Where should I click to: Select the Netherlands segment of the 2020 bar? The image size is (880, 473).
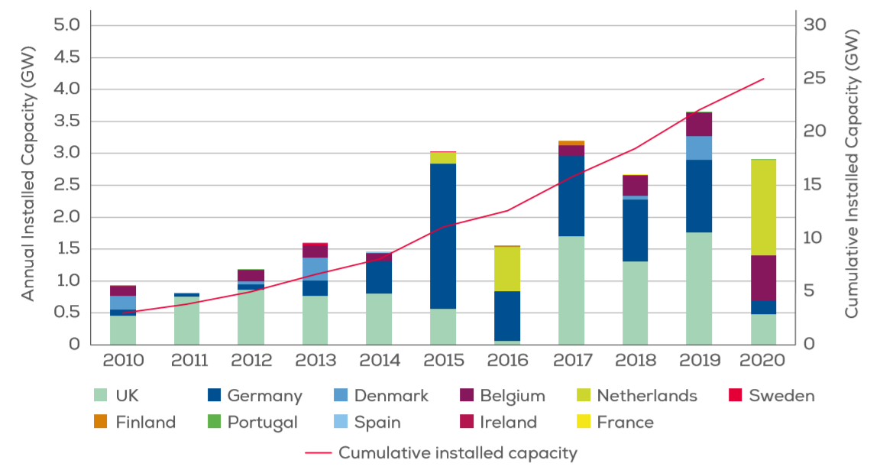763,207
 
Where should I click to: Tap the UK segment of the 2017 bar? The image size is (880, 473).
571,290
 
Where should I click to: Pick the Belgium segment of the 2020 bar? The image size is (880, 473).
763,277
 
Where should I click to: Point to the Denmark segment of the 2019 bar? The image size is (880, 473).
699,147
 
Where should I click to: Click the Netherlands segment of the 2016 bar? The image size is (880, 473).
507,268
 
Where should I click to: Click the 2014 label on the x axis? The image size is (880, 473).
380,360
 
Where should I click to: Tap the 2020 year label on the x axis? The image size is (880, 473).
763,360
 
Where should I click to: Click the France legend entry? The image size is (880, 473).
616,423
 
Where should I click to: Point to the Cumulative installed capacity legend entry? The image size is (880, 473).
442,453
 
